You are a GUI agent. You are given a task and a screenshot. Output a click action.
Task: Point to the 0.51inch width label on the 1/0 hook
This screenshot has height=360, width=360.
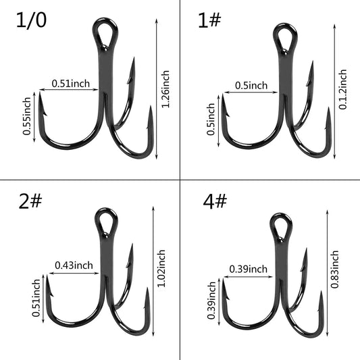tap(70, 84)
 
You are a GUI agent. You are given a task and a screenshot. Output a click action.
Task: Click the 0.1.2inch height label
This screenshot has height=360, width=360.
tap(343, 89)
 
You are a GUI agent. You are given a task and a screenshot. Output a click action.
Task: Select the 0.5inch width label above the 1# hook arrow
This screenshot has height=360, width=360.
tap(251, 85)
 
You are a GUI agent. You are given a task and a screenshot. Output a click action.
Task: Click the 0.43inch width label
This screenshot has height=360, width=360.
tap(74, 265)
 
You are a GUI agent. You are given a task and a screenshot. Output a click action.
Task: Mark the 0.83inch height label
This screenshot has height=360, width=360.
tap(335, 269)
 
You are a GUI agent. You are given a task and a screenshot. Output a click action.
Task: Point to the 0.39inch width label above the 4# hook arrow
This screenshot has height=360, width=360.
tap(248, 269)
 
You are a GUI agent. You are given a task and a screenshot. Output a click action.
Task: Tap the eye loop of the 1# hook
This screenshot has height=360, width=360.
tap(283, 37)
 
